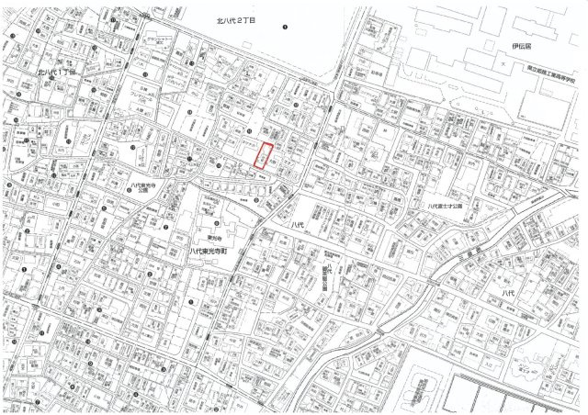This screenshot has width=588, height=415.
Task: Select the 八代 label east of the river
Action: pos(509,291)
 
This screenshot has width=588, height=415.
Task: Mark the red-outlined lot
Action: pos(264,157)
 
